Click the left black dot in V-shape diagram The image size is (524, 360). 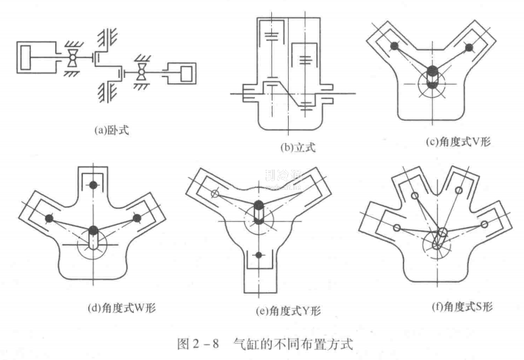point(395,46)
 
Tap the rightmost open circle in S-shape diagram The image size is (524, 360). point(484,223)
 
